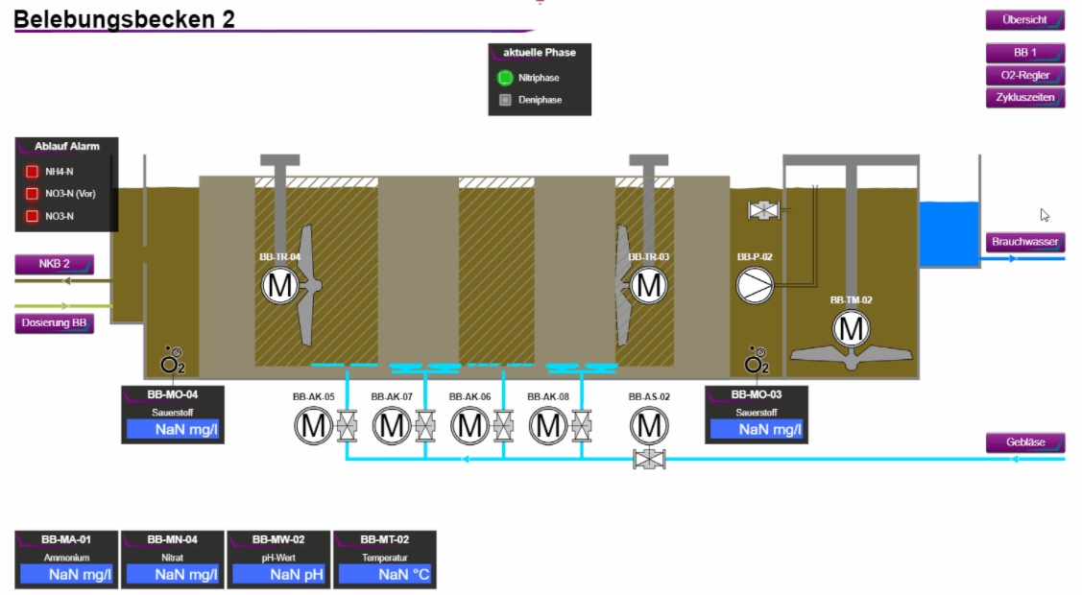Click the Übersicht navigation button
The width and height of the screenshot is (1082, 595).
tap(1024, 20)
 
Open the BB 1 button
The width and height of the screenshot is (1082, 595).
tap(1024, 53)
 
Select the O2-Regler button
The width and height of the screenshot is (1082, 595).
tap(1024, 75)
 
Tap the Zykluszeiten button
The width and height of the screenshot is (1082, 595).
tap(1024, 97)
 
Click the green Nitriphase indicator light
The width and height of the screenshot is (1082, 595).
tap(505, 78)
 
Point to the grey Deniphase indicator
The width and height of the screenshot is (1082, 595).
tap(505, 100)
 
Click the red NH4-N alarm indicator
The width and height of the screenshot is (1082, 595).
tap(32, 173)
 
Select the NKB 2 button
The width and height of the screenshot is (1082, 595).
tap(54, 264)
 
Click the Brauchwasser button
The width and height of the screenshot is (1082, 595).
tap(1024, 242)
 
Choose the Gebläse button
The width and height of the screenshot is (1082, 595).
tap(1024, 442)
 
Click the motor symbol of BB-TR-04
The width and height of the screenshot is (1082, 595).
tap(280, 286)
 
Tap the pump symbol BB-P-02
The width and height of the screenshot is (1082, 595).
tap(755, 285)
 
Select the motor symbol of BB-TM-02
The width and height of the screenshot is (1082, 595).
tap(850, 329)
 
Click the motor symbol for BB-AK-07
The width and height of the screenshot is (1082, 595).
tap(392, 426)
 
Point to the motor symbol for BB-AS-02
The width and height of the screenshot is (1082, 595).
tap(649, 426)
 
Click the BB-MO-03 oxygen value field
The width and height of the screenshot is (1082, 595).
tap(756, 429)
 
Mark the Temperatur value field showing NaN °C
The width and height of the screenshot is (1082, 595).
tap(385, 575)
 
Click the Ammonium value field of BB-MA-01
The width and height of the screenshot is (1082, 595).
tap(67, 575)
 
